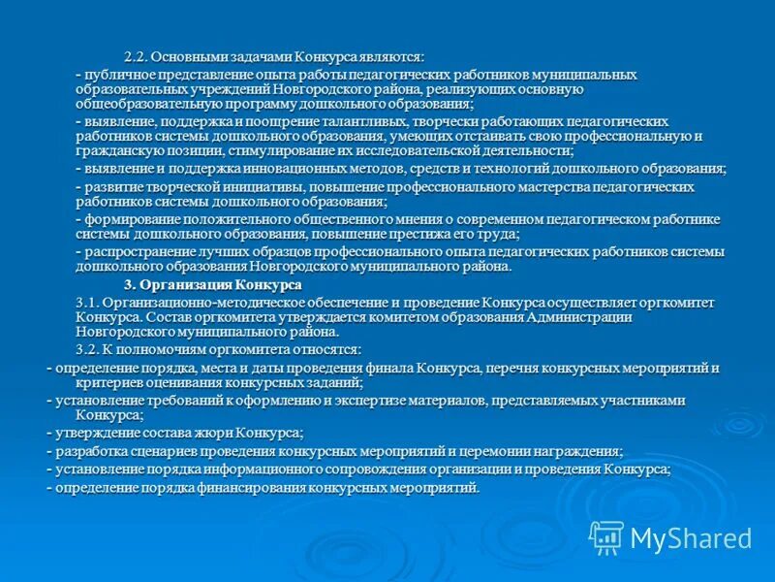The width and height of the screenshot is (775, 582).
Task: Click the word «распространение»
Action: (x=138, y=252)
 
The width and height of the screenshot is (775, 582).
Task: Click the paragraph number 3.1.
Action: (x=87, y=303)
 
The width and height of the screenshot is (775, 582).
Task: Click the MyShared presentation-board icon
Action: (x=606, y=537)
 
